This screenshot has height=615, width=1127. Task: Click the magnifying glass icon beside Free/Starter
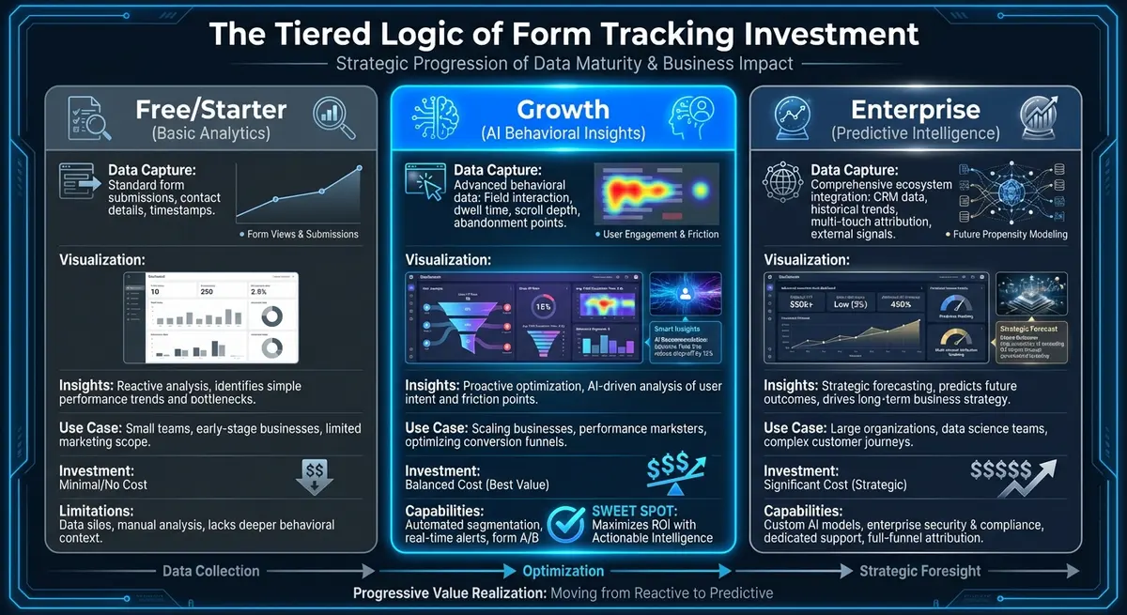tap(335, 118)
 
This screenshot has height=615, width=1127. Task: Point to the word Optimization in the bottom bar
tap(563, 571)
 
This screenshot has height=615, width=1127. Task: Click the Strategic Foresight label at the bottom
tap(919, 571)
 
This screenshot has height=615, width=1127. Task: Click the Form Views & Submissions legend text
tap(302, 234)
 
